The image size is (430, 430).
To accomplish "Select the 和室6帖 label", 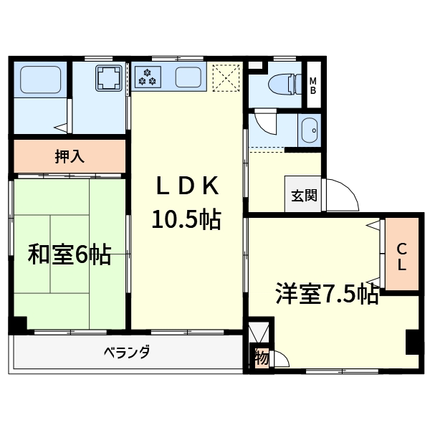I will click(70, 254).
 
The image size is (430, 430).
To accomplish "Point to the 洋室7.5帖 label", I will click(328, 295).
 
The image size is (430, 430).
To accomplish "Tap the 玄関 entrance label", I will click(304, 194).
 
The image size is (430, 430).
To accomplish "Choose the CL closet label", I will click(402, 257).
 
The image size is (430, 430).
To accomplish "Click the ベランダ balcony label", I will click(125, 353).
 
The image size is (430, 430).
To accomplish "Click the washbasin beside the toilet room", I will click(310, 131).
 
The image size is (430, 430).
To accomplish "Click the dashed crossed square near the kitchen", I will click(227, 77).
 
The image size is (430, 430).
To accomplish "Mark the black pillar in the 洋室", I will click(413, 342).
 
